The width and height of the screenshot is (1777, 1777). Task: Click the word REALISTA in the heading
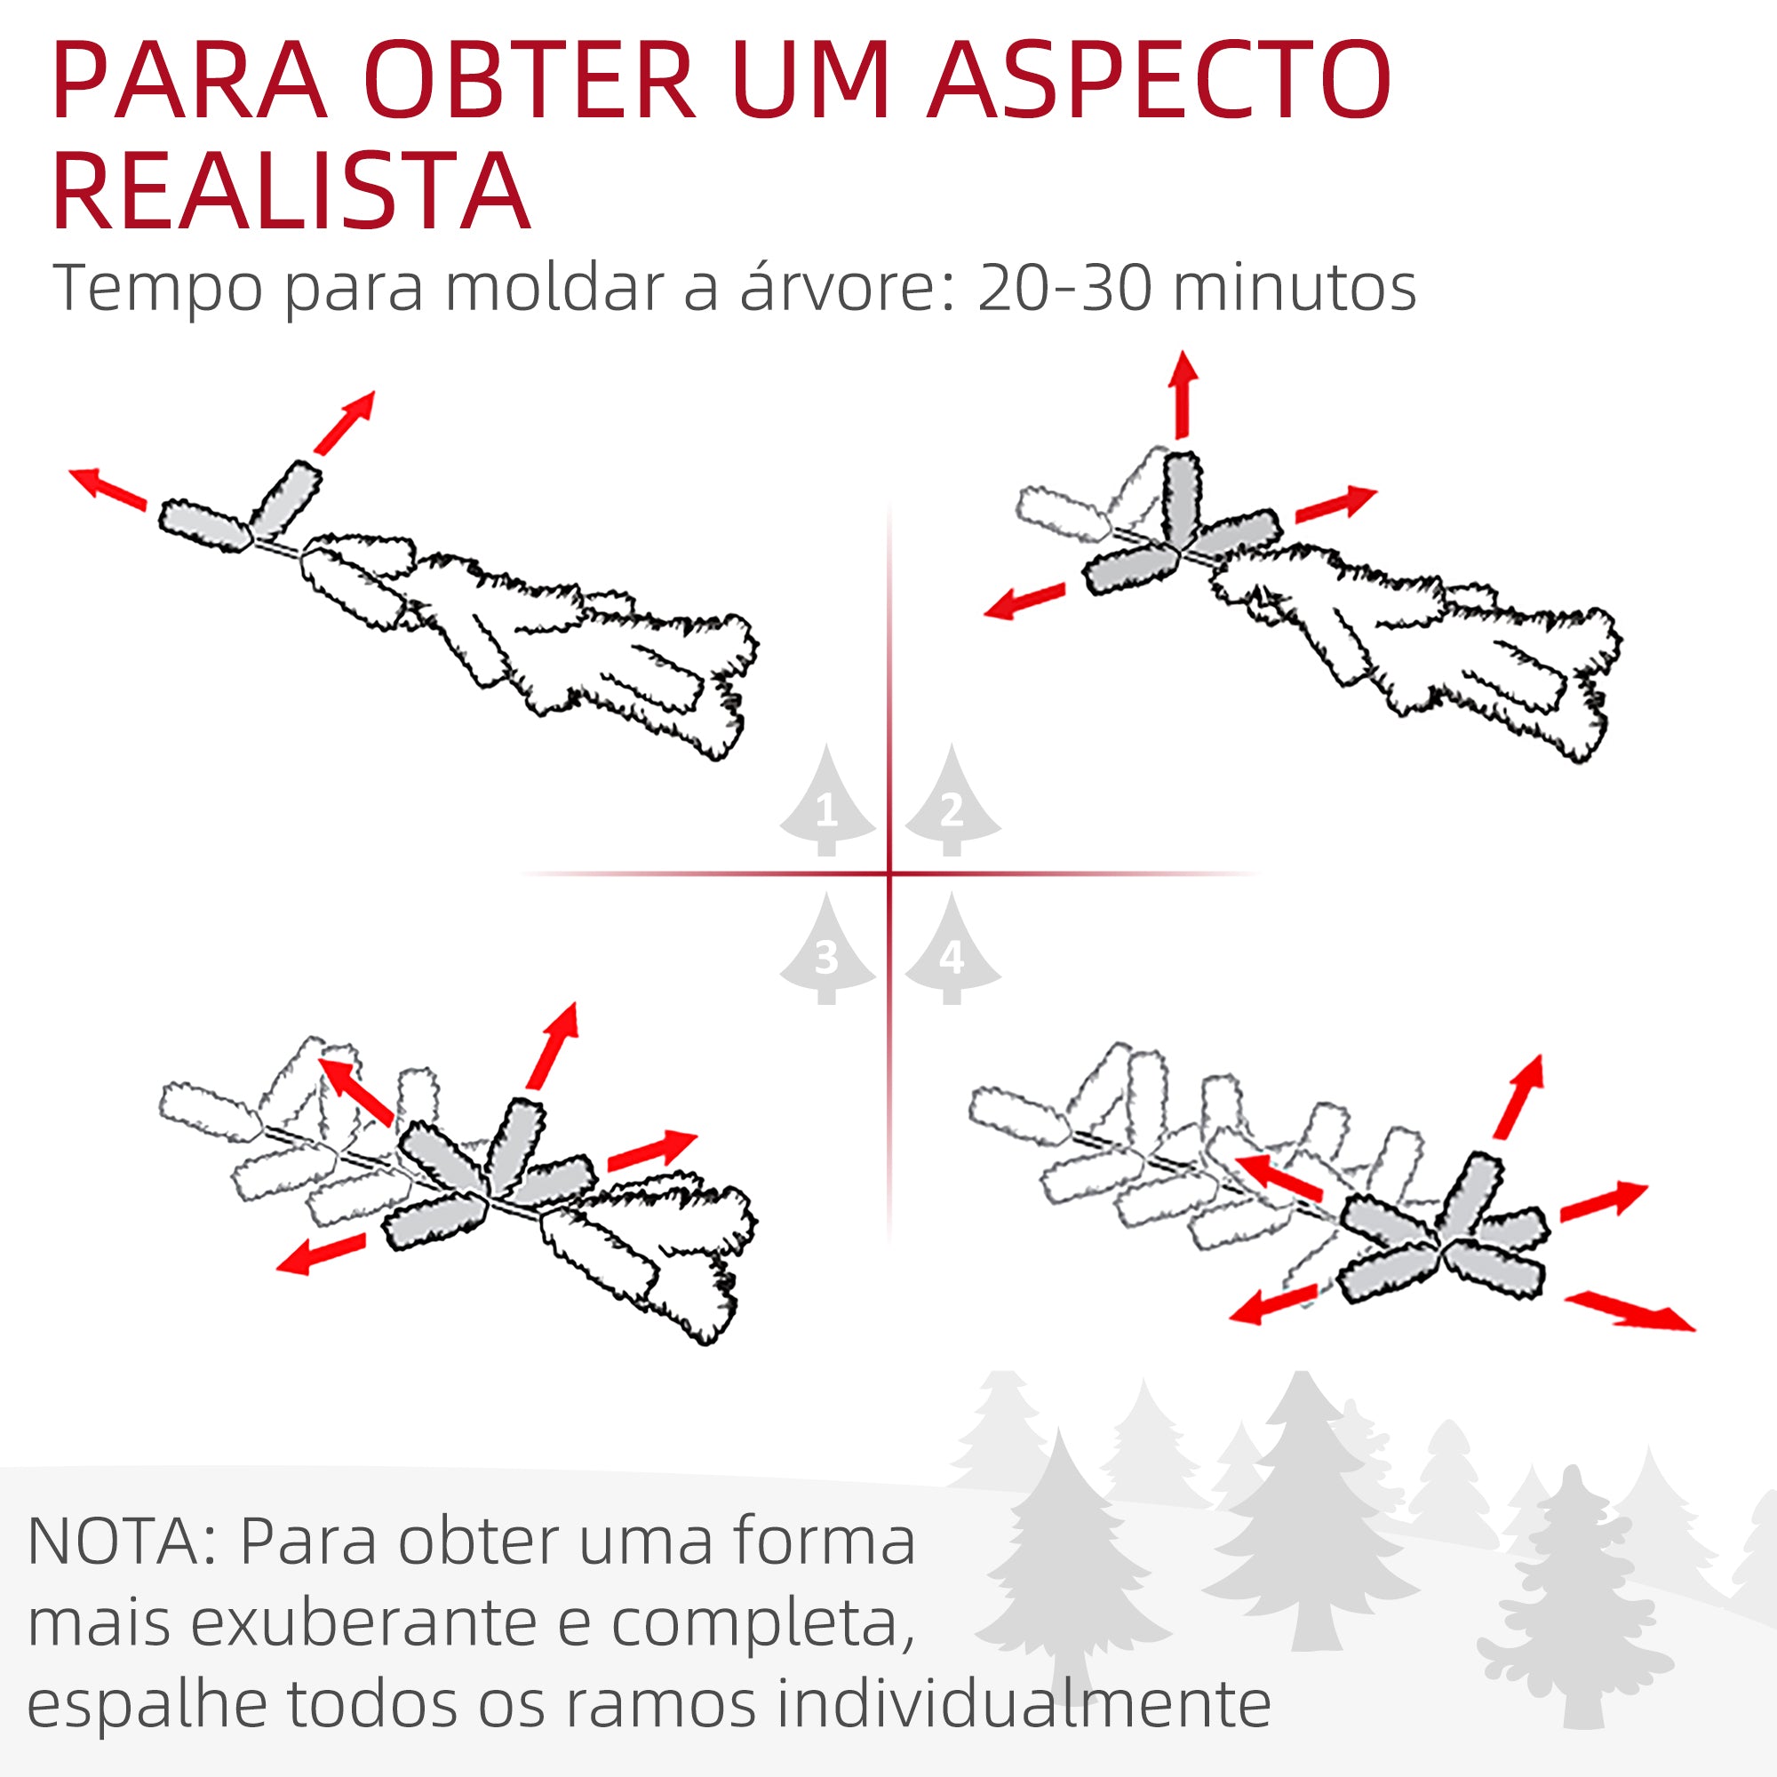pos(291,190)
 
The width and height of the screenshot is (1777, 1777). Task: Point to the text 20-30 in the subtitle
pos(1064,288)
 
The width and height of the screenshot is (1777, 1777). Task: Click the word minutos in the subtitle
pos(1295,288)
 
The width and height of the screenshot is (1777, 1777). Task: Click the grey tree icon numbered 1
pos(827,803)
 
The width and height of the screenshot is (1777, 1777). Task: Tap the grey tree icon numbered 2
pos(952,803)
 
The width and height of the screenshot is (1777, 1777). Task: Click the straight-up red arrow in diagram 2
pos(1183,394)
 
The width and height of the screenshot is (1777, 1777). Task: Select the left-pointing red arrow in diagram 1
pos(108,487)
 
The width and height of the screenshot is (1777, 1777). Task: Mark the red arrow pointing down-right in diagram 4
pos(1629,1310)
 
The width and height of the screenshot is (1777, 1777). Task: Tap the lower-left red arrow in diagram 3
pos(321,1255)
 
